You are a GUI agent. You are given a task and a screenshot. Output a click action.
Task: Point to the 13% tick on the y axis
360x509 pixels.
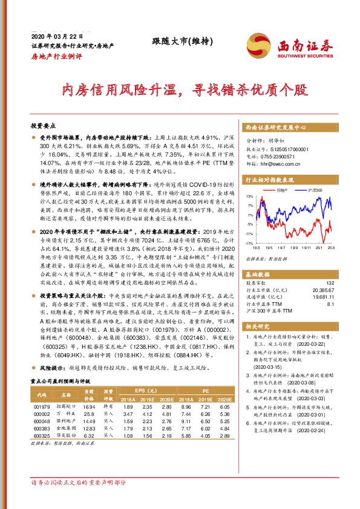(249, 196)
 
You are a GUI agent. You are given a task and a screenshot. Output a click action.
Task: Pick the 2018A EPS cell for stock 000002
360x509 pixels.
(128, 413)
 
